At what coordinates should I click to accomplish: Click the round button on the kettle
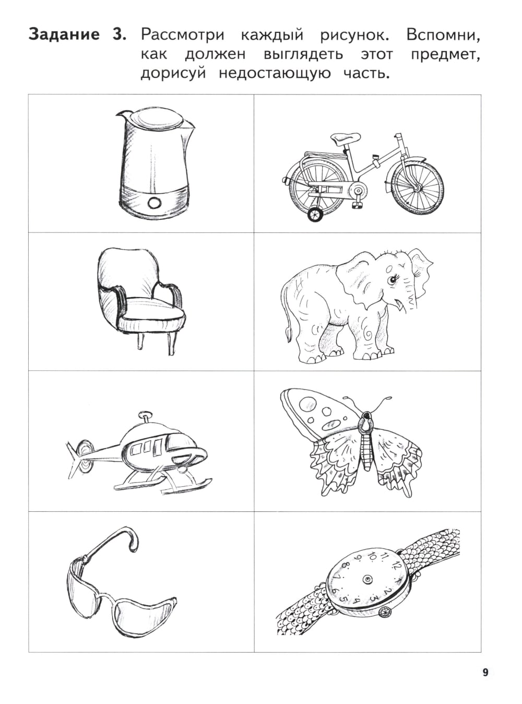155,202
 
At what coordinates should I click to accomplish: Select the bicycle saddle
345,138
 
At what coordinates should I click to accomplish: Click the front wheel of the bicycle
417,187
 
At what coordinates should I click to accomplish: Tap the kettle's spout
123,114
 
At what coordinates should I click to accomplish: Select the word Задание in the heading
64,34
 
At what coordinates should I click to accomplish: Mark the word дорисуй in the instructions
173,74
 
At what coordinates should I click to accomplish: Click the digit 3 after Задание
117,34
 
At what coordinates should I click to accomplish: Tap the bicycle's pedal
358,205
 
